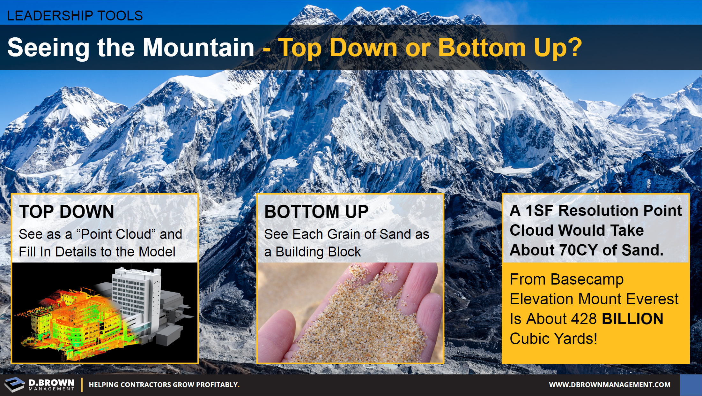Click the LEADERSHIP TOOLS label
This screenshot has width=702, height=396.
75,16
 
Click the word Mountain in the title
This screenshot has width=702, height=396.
198,47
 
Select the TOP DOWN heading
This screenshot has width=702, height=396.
67,211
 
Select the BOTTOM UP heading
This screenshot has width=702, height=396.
316,211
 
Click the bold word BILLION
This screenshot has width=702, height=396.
633,319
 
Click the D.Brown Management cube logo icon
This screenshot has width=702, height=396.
14,384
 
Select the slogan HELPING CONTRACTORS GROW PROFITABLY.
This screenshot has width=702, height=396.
164,385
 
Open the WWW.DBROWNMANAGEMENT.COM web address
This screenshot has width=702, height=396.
610,385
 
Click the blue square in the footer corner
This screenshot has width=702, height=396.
691,385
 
